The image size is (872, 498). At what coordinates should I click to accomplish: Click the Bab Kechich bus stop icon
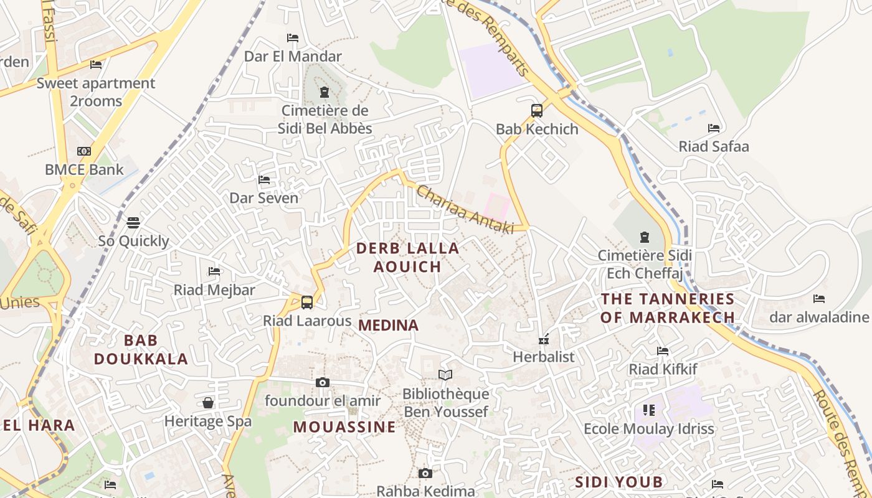[x=537, y=111]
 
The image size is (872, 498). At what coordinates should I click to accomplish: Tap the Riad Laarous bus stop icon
[x=306, y=303]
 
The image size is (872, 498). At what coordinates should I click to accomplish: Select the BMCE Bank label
[x=84, y=169]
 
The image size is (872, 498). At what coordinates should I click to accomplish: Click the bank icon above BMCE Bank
[x=84, y=151]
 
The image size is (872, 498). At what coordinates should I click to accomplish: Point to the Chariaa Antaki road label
[x=465, y=210]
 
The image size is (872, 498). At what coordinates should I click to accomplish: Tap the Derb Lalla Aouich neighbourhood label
[x=407, y=257]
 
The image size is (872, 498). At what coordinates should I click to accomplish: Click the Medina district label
[x=389, y=325]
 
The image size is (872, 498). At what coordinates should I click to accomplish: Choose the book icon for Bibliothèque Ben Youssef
[x=445, y=375]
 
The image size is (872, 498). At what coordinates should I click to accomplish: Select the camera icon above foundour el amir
[x=322, y=382]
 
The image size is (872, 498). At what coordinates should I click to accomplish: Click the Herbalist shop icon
[x=544, y=340]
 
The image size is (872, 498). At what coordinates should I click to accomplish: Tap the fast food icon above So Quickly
[x=133, y=222]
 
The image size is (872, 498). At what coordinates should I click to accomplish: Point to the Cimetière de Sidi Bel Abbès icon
[x=324, y=93]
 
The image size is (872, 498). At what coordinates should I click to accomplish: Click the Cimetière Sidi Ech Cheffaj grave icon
[x=645, y=237]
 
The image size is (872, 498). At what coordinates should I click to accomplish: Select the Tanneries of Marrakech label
[x=668, y=308]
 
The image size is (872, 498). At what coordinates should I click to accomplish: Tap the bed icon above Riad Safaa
[x=714, y=128]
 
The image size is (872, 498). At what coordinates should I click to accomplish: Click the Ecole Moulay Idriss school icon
[x=649, y=410]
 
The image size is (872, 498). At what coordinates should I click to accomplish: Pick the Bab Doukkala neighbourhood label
[x=141, y=349]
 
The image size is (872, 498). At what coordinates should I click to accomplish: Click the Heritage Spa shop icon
[x=208, y=403]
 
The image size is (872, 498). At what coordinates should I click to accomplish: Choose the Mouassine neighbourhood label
[x=344, y=426]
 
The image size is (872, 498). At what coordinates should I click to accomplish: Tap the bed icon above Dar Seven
[x=264, y=180]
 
